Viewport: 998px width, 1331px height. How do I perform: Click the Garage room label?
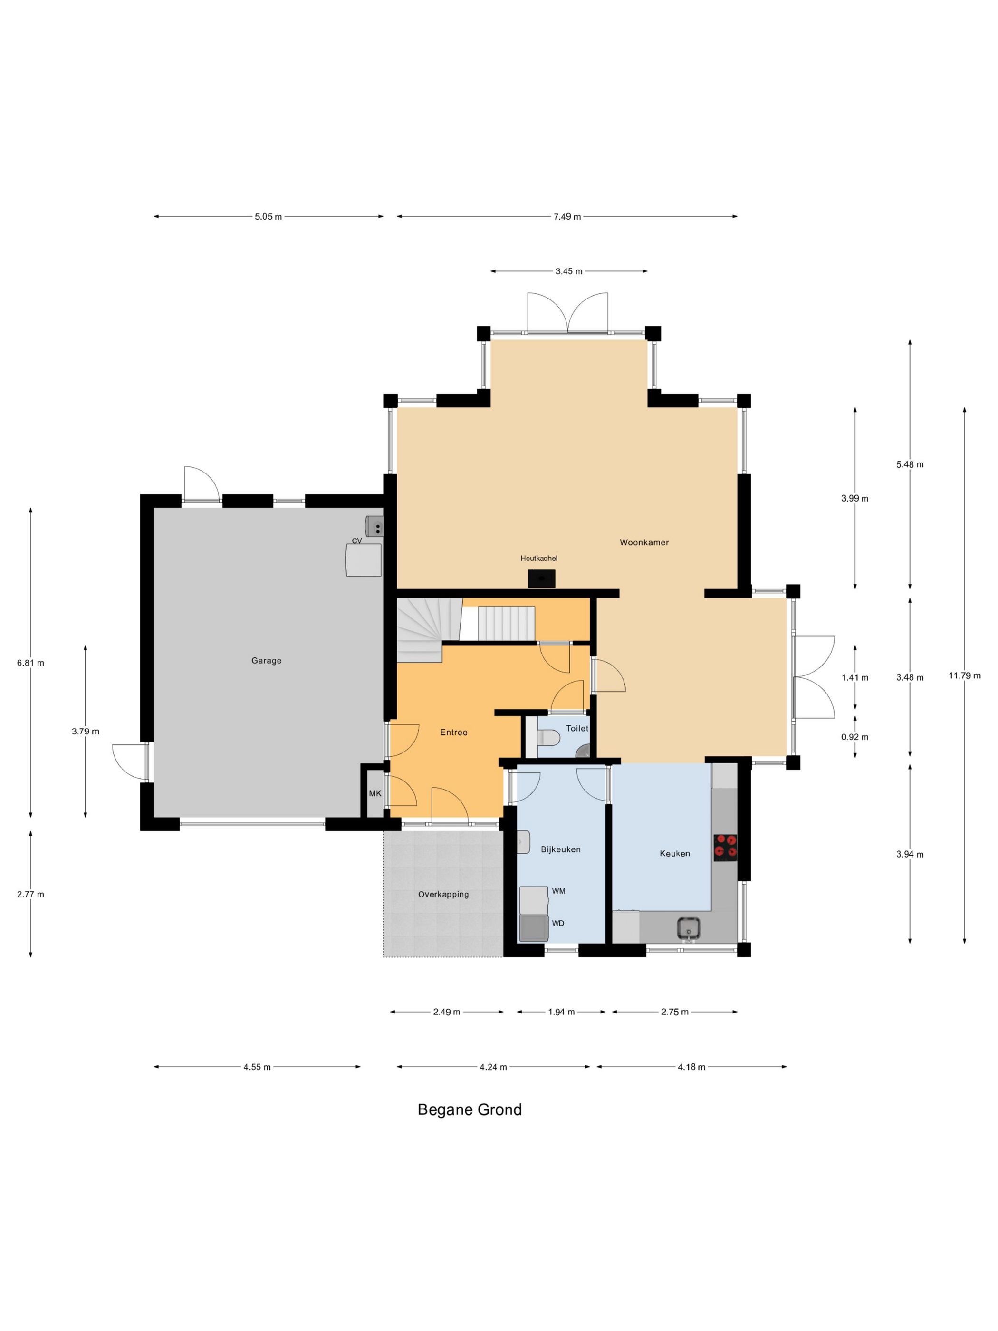[x=266, y=661]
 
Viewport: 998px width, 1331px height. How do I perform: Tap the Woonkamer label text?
[x=644, y=542]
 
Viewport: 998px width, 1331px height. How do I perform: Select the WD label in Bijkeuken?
[x=557, y=923]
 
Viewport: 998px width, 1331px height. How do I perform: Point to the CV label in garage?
[x=357, y=541]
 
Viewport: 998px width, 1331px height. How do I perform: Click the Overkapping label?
[x=443, y=894]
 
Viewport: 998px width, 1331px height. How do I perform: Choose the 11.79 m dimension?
[x=965, y=675]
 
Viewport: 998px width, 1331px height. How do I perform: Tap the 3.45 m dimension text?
[x=568, y=271]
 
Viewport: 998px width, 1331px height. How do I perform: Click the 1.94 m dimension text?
[x=561, y=1012]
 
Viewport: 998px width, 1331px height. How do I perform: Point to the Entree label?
[x=453, y=733]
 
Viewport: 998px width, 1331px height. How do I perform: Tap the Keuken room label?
[x=674, y=853]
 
